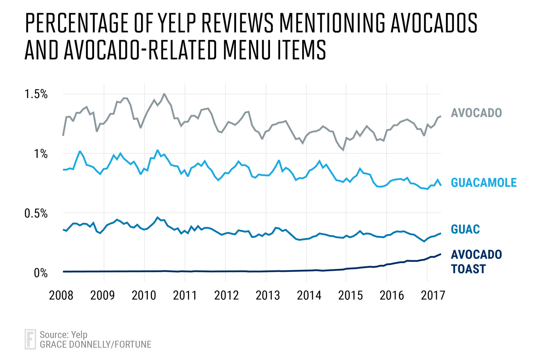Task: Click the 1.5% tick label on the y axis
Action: [36, 94]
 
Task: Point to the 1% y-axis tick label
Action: [40, 154]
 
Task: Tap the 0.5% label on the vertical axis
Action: [36, 213]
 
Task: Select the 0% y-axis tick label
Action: [40, 273]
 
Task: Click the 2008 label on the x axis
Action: [61, 295]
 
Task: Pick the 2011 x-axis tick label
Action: [185, 295]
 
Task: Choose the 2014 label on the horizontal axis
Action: [309, 295]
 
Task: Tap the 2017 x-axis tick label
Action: [433, 295]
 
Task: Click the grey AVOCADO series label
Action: [476, 113]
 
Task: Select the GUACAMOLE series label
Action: [484, 183]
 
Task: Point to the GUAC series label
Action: [465, 229]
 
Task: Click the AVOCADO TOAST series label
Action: [476, 261]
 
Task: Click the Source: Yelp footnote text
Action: [63, 334]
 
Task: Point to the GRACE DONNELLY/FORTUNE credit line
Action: [96, 344]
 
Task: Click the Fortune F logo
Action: [30, 339]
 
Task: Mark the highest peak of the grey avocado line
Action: [164, 94]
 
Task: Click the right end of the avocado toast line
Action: [440, 254]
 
